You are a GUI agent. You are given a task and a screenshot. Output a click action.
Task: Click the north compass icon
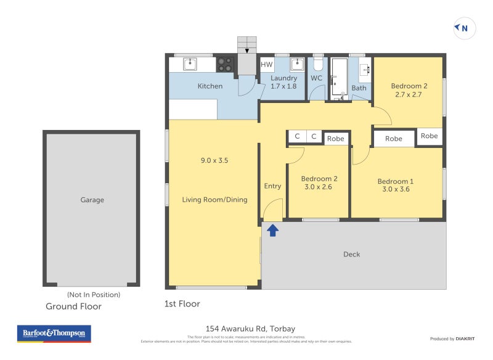pos(464,28)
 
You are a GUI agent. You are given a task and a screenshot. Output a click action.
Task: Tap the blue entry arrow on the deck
pos(273,231)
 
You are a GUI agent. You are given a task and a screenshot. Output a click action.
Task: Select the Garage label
pos(92,200)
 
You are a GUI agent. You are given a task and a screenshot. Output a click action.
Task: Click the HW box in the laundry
pos(267,65)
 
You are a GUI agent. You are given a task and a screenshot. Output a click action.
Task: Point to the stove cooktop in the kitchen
pos(225,64)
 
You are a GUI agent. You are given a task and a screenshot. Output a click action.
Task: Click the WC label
pos(316,78)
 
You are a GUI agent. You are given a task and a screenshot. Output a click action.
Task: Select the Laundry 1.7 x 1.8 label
pos(283,82)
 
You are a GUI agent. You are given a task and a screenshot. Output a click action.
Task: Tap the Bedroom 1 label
pos(395,185)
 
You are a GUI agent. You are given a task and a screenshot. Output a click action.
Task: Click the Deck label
pos(351,254)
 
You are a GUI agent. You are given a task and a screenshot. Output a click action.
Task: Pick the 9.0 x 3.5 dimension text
pos(214,160)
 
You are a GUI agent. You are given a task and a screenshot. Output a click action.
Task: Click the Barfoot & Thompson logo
pos(54,333)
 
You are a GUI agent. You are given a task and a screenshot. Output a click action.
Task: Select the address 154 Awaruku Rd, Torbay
pos(250,329)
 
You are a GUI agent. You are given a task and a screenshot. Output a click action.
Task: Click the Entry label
pos(272,186)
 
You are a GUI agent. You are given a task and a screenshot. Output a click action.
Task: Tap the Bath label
pos(359,88)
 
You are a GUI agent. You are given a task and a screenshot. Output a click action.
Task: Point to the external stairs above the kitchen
pos(246,45)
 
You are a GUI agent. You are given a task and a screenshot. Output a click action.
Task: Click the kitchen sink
pos(190,63)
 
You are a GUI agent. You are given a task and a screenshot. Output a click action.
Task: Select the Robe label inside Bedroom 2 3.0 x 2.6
pos(335,139)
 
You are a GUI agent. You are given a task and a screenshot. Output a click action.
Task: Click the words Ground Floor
pos(73,306)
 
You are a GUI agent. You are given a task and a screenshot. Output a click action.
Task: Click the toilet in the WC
pos(318,63)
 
